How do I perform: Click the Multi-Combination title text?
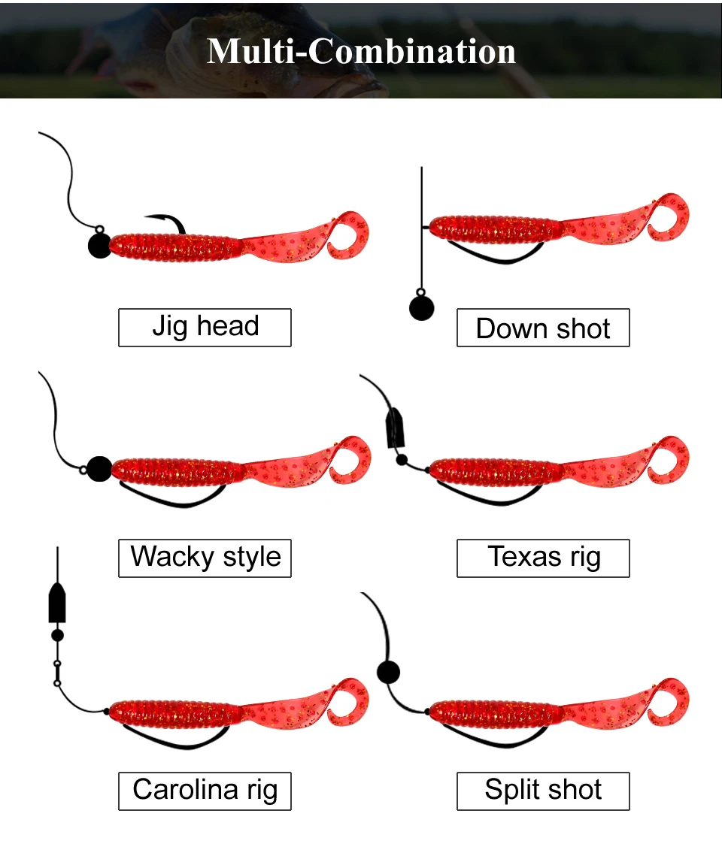pyautogui.click(x=361, y=52)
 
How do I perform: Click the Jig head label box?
pyautogui.click(x=205, y=328)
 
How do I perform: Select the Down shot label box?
pyautogui.click(x=543, y=328)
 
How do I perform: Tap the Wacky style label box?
pyautogui.click(x=205, y=558)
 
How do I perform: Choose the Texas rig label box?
pyautogui.click(x=543, y=558)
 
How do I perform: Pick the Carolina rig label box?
pyautogui.click(x=205, y=791)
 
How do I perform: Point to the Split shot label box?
pyautogui.click(x=543, y=791)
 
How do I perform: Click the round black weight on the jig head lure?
pyautogui.click(x=99, y=246)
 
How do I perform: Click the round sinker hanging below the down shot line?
pyautogui.click(x=421, y=308)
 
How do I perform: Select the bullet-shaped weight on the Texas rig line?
pyautogui.click(x=396, y=429)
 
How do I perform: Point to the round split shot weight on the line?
pyautogui.click(x=389, y=672)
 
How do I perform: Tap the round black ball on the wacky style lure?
pyautogui.click(x=99, y=469)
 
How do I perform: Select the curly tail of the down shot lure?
pyautogui.click(x=668, y=217)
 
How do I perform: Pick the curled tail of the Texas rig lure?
pyautogui.click(x=668, y=461)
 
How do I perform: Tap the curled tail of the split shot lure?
pyautogui.click(x=668, y=702)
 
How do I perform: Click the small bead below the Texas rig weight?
pyautogui.click(x=402, y=460)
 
